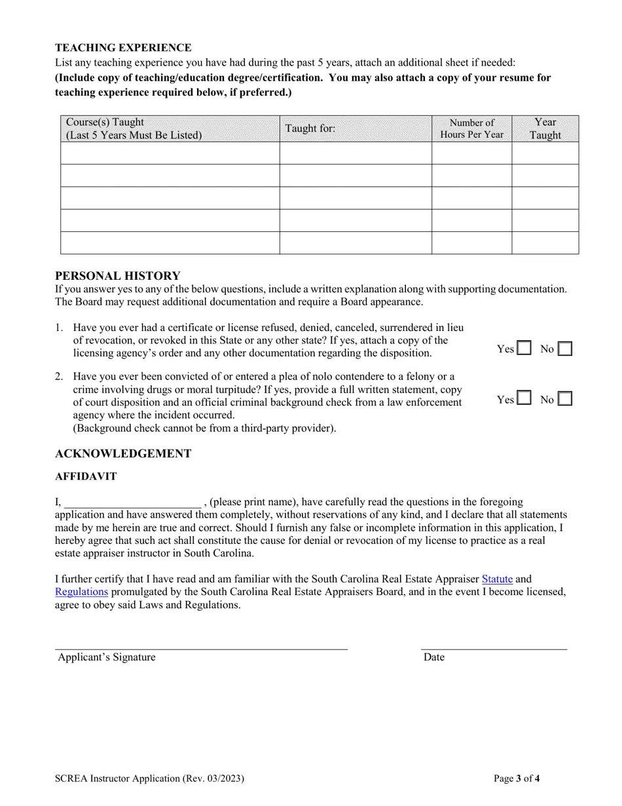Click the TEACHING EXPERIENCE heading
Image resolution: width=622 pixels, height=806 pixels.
pos(123,48)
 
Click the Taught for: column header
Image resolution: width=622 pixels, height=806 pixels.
pos(310,128)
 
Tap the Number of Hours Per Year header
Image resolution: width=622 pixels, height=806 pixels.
pos(471,128)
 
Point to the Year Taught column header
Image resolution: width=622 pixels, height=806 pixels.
pos(545,128)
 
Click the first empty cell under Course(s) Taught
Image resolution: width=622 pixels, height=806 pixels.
pos(170,153)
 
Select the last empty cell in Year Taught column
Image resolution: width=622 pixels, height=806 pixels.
pos(545,242)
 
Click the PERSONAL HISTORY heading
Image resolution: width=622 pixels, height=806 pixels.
pos(117,276)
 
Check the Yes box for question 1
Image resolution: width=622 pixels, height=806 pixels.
pos(524,349)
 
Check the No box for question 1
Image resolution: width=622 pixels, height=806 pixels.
pos(565,349)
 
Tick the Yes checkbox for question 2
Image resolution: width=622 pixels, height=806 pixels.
pos(524,398)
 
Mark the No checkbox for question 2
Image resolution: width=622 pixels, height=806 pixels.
pos(565,398)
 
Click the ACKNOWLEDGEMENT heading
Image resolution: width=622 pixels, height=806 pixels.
pos(123,453)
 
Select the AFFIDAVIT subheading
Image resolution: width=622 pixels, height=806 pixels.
pos(86,476)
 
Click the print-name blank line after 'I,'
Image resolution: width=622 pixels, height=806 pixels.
pos(132,503)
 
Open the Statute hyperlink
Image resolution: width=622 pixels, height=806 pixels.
pos(497,579)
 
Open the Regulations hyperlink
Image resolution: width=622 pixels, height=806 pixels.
pos(81,592)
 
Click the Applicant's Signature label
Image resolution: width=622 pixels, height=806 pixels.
pos(107,657)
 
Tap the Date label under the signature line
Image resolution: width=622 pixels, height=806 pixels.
pos(433,657)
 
